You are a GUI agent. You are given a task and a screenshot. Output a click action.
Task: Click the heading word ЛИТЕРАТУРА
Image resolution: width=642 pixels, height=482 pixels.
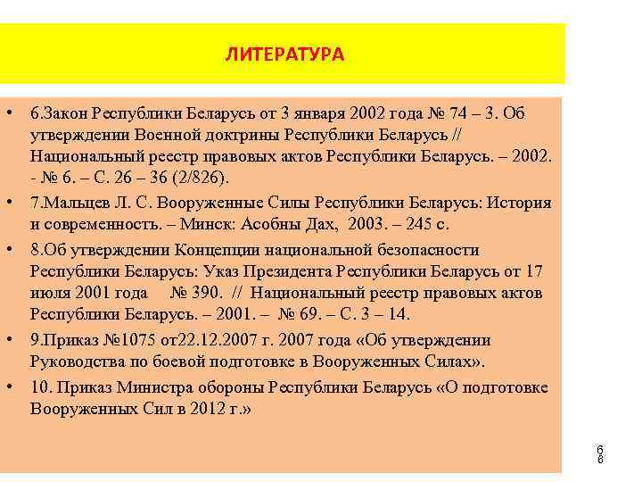284,55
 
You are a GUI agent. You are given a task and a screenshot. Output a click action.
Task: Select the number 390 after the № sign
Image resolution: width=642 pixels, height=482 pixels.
201,293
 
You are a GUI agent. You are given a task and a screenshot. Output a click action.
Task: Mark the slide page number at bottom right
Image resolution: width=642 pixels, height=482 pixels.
600,453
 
